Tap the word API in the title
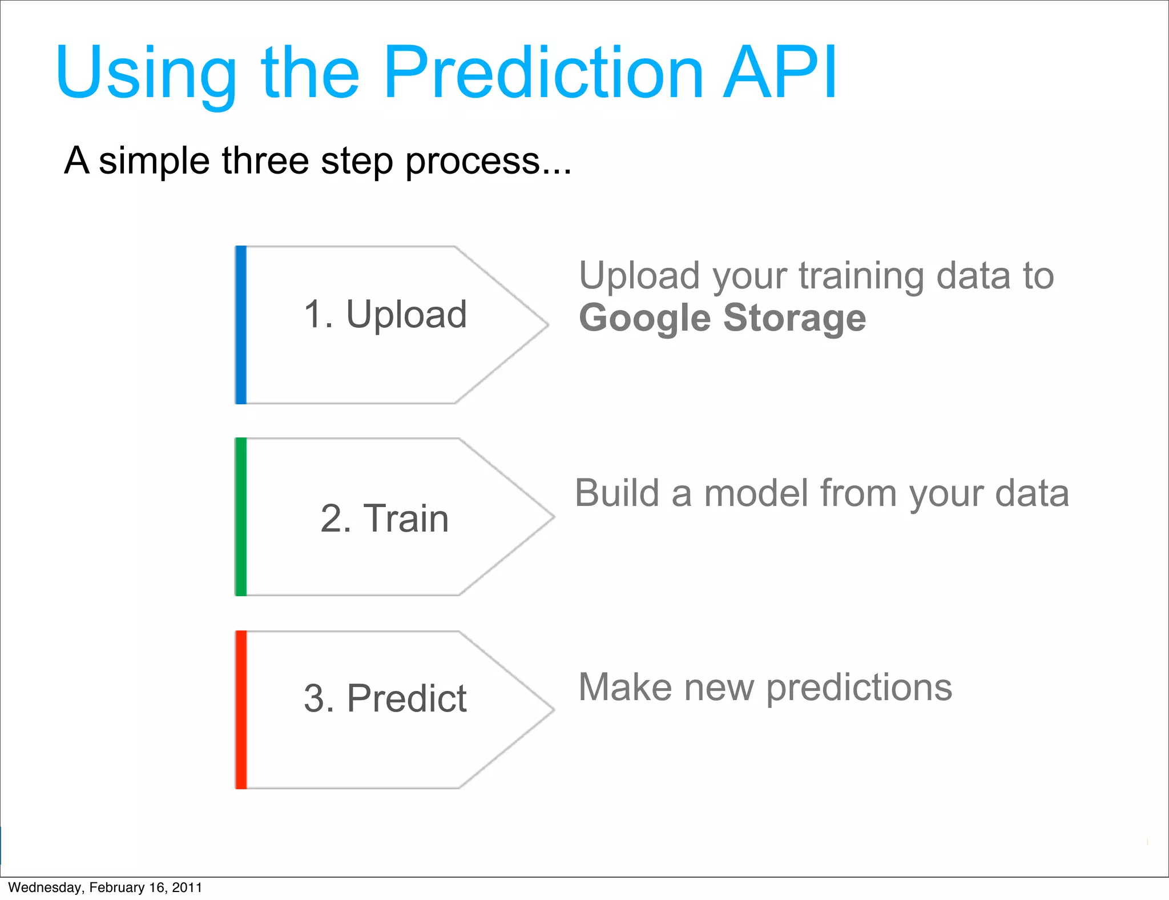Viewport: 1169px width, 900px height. coord(779,73)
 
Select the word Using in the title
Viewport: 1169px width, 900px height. coord(146,74)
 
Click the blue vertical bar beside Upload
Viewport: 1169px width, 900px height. coord(241,325)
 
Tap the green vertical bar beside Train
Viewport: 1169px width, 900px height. coord(241,517)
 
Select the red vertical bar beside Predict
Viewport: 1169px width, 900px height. coord(241,710)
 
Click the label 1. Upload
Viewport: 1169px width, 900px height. coord(385,315)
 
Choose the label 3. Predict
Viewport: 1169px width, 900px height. coord(385,698)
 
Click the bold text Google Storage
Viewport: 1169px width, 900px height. coord(722,318)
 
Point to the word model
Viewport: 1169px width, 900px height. coord(756,493)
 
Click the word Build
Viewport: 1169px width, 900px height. coord(616,493)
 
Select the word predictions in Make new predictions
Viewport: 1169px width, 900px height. coord(858,688)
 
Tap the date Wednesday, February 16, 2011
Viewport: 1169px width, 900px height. coord(105,887)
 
